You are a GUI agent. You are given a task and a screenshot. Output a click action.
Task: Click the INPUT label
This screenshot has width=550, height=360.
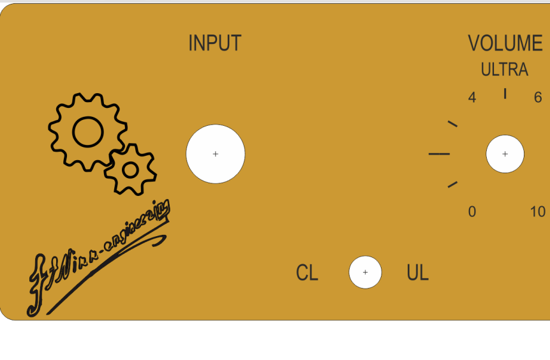(214, 43)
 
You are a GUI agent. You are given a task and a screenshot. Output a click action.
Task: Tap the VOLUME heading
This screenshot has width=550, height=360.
(505, 43)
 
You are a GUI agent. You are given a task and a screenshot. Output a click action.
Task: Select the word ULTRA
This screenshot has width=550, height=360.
(504, 70)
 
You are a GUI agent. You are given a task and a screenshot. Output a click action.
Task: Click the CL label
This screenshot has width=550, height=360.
(307, 273)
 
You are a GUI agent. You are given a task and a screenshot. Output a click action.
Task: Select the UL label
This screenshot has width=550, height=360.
(417, 273)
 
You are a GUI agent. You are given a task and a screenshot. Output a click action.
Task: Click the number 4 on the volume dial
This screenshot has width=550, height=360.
(472, 98)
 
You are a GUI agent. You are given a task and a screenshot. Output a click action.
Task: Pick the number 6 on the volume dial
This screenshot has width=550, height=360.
(538, 98)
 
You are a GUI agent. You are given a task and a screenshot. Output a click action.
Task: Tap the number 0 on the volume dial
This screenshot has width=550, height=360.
(472, 212)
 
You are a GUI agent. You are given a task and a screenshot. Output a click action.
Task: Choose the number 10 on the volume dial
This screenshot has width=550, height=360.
(538, 212)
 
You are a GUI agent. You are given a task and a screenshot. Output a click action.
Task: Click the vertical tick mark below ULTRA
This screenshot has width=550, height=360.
(505, 94)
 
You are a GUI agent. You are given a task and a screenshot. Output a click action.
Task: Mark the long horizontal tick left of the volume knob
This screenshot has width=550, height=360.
(439, 154)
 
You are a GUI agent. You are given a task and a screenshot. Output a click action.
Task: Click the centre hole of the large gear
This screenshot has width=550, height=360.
(87, 131)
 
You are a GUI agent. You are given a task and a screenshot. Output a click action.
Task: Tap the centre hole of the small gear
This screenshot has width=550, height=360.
(130, 170)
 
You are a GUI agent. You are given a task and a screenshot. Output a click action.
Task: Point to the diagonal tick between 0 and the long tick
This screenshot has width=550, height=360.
(452, 184)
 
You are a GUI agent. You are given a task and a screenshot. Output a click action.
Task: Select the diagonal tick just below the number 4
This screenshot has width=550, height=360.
(452, 123)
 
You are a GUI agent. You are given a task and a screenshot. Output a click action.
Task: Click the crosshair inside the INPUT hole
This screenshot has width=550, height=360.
(216, 154)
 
